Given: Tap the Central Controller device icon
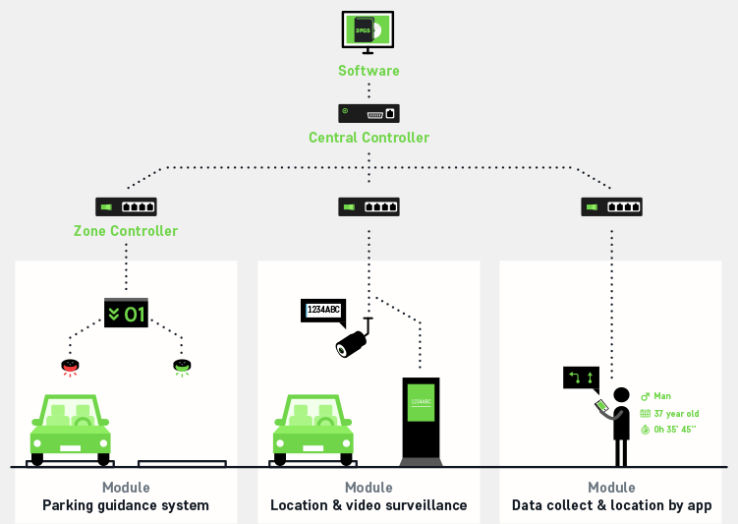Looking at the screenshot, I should [369, 113].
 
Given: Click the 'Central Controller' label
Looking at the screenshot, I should [369, 138].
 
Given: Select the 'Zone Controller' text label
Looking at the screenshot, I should [126, 231].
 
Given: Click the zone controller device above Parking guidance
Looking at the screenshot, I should [126, 207].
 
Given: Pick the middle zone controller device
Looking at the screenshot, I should [369, 207].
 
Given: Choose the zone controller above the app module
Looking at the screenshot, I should [611, 207].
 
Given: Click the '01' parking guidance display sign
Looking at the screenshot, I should [126, 314].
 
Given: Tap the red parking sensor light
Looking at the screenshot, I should [71, 368].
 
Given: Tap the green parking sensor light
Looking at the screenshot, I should [182, 368].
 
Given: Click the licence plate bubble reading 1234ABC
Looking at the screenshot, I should [323, 311].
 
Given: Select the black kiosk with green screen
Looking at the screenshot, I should [420, 420].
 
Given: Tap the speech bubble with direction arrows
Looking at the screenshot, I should [580, 378].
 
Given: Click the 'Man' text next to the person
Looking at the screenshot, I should [662, 396].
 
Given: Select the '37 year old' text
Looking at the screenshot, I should [676, 413].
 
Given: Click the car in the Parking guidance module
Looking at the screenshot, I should [70, 429].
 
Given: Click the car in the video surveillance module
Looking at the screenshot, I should [312, 429].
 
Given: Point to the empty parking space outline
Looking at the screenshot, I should [182, 463].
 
